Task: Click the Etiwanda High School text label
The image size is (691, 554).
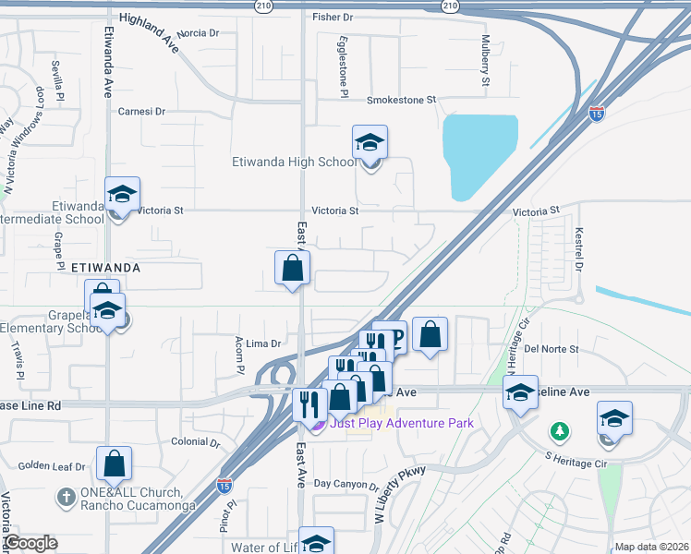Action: pyautogui.click(x=292, y=163)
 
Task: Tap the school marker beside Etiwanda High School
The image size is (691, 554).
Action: pyautogui.click(x=370, y=144)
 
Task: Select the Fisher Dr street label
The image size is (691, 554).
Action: pyautogui.click(x=333, y=17)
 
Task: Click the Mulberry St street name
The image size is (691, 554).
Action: pyautogui.click(x=485, y=61)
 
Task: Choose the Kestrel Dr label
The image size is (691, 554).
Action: pyautogui.click(x=579, y=249)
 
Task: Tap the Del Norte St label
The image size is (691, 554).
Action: pyautogui.click(x=551, y=349)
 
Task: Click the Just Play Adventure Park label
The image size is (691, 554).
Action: pyautogui.click(x=401, y=423)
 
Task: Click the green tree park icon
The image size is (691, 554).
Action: pyautogui.click(x=559, y=431)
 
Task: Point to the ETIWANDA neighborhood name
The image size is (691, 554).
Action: pyautogui.click(x=105, y=267)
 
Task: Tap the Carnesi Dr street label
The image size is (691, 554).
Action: pyautogui.click(x=141, y=111)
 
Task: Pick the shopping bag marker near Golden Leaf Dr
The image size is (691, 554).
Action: pyautogui.click(x=114, y=464)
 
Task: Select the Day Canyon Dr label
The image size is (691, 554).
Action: pyautogui.click(x=346, y=484)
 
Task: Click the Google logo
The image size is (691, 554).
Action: pyautogui.click(x=30, y=543)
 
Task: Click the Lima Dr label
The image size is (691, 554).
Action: pyautogui.click(x=262, y=343)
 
